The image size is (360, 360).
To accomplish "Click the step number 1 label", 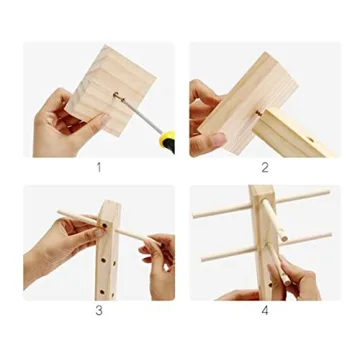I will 98,167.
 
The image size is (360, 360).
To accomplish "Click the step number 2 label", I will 264,167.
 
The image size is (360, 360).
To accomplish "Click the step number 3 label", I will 98,310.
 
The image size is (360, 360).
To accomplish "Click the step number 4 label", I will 264,310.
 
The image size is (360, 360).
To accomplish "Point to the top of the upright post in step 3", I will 108,205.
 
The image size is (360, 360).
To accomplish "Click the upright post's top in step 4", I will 261,190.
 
